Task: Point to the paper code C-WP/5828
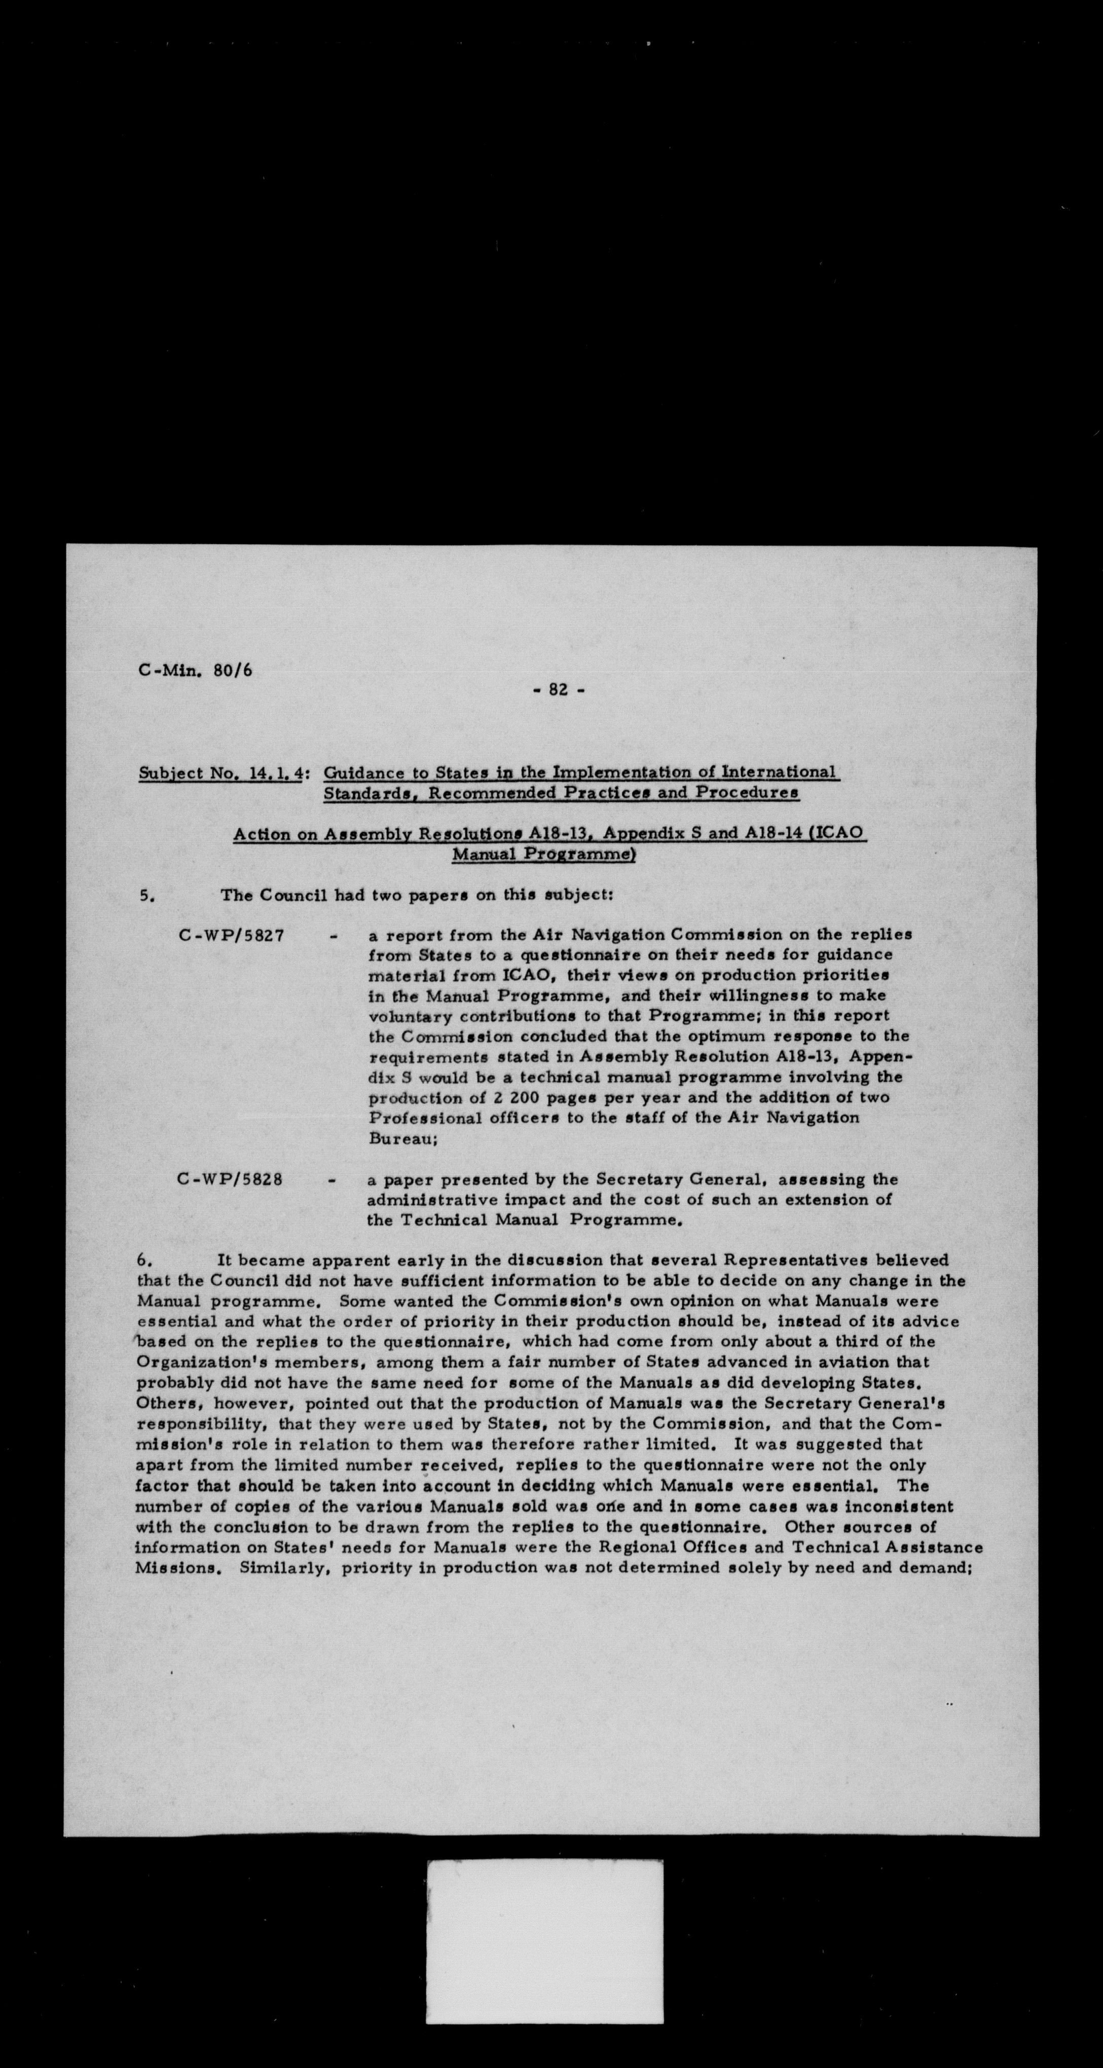231,1180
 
